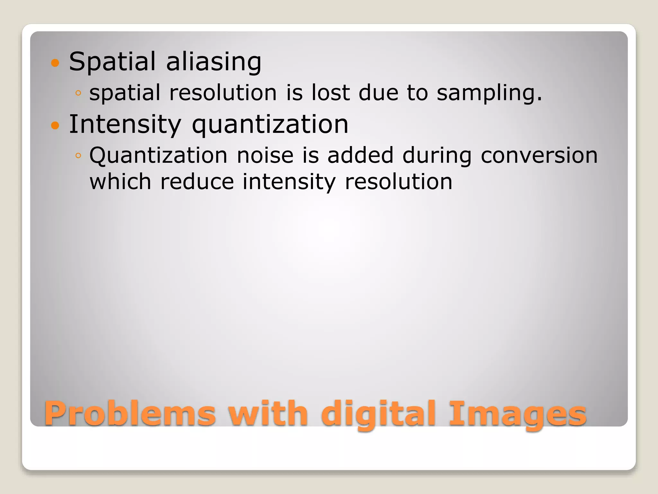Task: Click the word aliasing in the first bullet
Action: click(x=214, y=62)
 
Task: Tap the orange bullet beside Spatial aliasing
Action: click(x=55, y=63)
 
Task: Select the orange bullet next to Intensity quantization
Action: click(x=55, y=125)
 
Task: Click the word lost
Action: click(x=331, y=93)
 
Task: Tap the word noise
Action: click(x=265, y=155)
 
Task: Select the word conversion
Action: click(x=539, y=155)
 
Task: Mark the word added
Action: click(x=360, y=155)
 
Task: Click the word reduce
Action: click(x=197, y=182)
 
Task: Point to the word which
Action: click(x=120, y=182)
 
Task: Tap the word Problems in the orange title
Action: click(x=130, y=414)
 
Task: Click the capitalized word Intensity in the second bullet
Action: click(x=125, y=125)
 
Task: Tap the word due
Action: click(x=378, y=93)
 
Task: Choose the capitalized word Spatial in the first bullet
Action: click(x=112, y=62)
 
